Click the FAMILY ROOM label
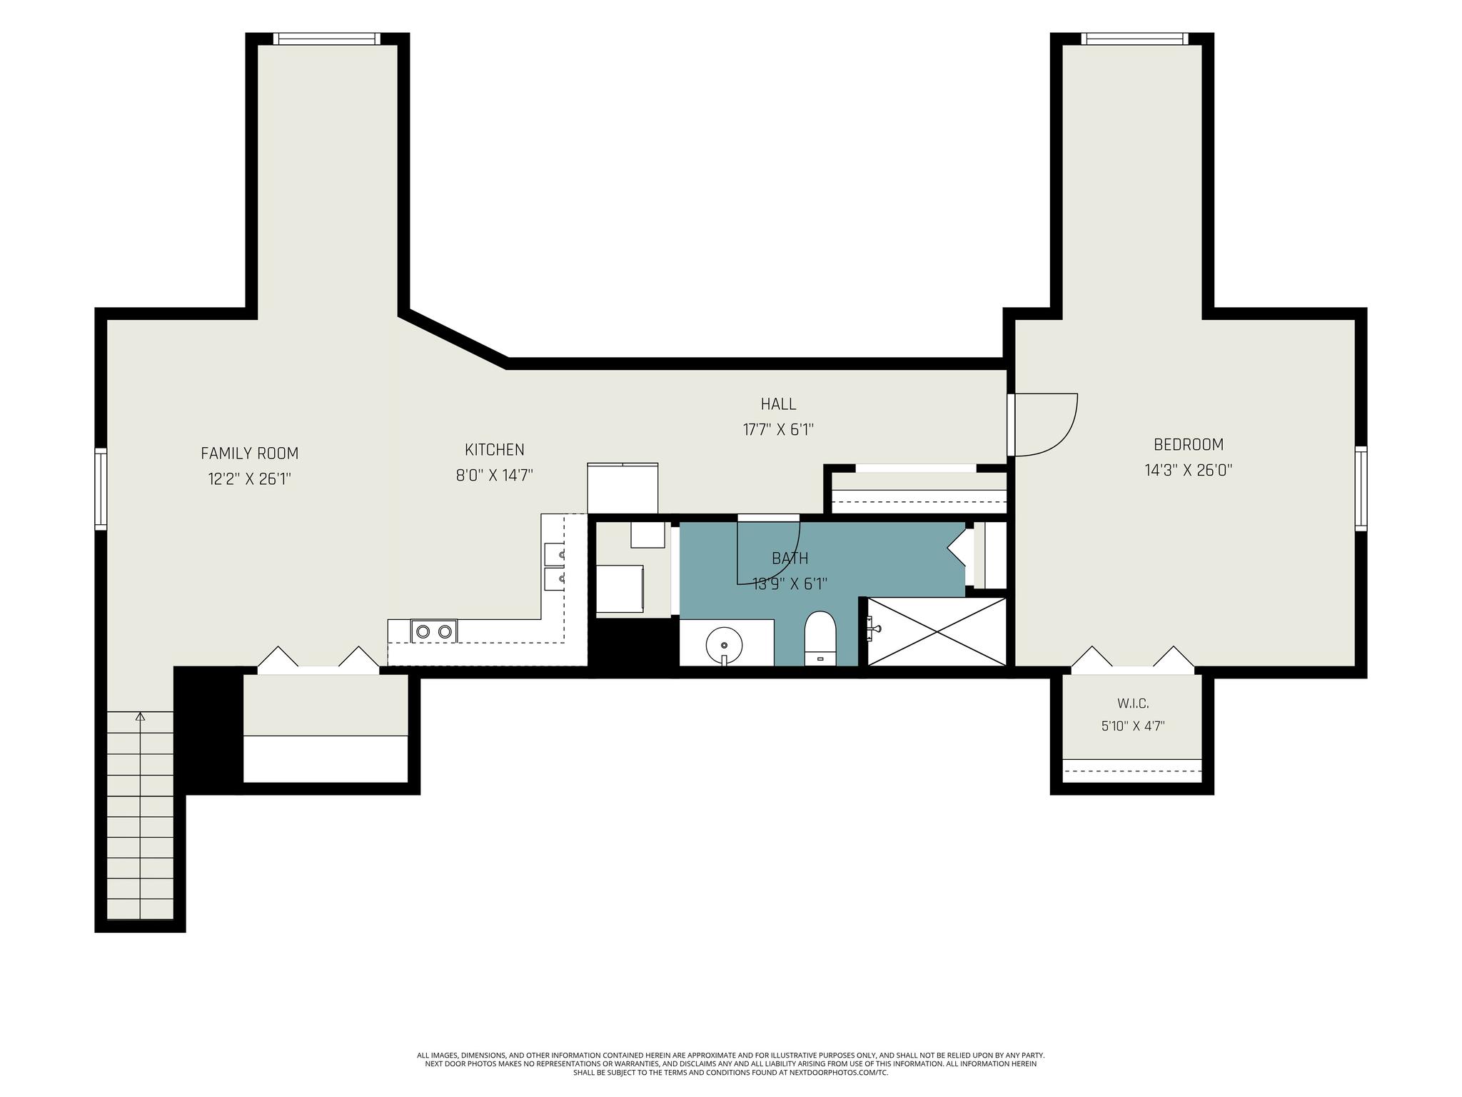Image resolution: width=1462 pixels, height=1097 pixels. [x=249, y=453]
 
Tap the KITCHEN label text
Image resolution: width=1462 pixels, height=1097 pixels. [x=495, y=449]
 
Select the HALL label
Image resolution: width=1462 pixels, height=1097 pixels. [x=778, y=404]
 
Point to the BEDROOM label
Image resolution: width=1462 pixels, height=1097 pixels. [x=1189, y=444]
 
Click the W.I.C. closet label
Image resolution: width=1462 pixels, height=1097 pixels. [x=1133, y=703]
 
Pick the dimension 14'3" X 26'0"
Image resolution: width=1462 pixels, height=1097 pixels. [x=1189, y=470]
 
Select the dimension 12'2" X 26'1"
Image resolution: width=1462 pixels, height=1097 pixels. [x=249, y=479]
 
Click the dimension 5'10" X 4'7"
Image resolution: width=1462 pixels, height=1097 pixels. [x=1133, y=726]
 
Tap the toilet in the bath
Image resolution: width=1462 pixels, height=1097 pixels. [x=820, y=638]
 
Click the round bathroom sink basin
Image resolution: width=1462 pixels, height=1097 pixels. [x=724, y=645]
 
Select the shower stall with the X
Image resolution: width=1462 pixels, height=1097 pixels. [x=936, y=631]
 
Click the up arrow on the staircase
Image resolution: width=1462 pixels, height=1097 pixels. [x=140, y=716]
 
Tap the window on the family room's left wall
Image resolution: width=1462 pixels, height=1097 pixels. [x=101, y=489]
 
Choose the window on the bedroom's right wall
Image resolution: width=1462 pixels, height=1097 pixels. [x=1361, y=489]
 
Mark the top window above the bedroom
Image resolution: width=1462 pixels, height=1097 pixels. [x=1135, y=39]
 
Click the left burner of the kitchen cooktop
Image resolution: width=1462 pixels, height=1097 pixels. [x=423, y=631]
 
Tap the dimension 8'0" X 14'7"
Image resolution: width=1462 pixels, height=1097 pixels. [x=495, y=475]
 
